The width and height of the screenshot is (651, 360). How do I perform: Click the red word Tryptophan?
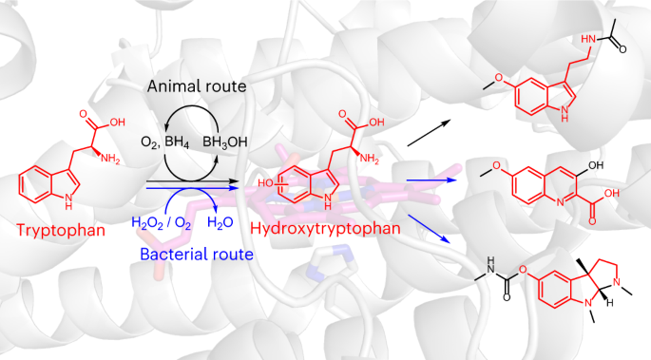[61, 230]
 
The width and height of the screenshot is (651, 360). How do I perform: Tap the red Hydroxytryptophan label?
[325, 229]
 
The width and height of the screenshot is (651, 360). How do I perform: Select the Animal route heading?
[197, 86]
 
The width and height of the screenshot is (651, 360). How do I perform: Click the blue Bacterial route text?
[197, 254]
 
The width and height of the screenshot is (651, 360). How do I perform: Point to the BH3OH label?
[225, 142]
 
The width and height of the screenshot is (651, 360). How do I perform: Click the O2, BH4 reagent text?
[164, 142]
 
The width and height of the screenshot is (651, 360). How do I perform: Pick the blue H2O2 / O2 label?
[162, 223]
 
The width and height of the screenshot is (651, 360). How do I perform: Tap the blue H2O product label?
[220, 223]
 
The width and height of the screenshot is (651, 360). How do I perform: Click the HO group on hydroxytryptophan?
[264, 183]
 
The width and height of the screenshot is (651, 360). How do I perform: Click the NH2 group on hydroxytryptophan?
[369, 158]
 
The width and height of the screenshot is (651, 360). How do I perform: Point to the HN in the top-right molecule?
[588, 39]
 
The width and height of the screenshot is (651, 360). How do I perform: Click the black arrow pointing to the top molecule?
[429, 133]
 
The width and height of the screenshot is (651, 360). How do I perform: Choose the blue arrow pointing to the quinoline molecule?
[431, 180]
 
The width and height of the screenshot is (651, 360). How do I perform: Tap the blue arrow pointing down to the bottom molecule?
[430, 229]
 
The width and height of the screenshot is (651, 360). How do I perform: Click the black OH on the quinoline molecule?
[596, 165]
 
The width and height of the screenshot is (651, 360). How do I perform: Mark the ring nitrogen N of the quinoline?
[561, 202]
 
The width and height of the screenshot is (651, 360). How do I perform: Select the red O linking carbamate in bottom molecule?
[523, 270]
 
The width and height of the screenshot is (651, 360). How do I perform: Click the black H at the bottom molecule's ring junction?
[609, 304]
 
